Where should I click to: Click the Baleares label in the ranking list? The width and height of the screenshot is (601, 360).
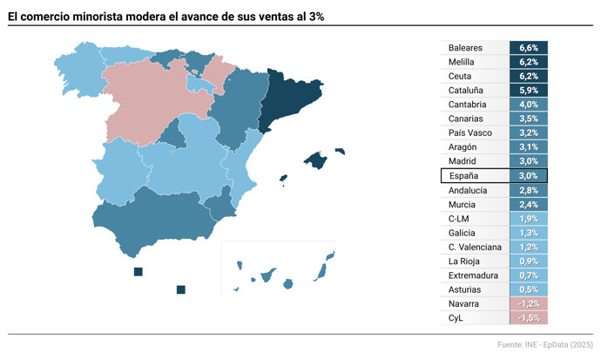click(x=465, y=48)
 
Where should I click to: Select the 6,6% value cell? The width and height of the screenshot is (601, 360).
click(x=528, y=48)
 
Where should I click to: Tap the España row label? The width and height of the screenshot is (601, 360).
click(x=463, y=175)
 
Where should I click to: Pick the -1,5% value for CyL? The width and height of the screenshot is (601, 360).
click(x=528, y=318)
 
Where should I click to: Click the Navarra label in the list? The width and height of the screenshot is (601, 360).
click(x=463, y=303)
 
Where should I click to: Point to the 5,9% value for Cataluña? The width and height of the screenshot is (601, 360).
click(x=528, y=91)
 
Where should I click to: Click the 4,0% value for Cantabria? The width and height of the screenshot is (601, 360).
click(x=528, y=105)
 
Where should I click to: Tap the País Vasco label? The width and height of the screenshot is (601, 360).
click(x=470, y=133)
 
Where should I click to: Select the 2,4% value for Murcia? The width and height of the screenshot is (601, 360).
click(x=528, y=204)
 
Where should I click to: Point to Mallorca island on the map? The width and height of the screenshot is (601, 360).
click(x=315, y=160)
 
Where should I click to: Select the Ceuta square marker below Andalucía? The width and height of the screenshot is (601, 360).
click(x=138, y=272)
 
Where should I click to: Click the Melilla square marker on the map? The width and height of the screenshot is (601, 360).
click(x=180, y=289)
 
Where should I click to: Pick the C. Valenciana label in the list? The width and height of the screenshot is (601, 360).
click(x=475, y=247)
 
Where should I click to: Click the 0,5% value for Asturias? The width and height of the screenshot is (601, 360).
click(x=528, y=289)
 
